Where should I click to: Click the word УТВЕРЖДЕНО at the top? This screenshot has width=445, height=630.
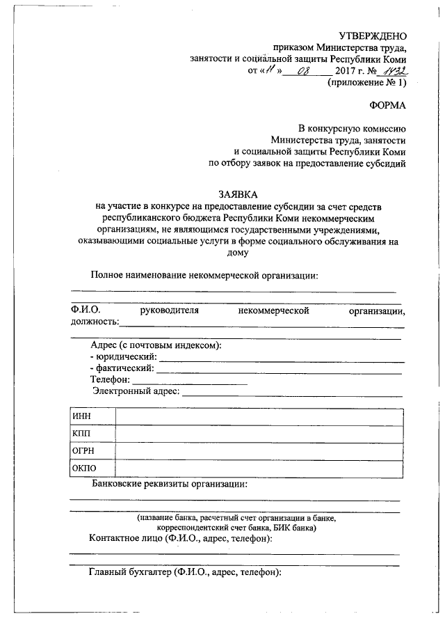[x=372, y=35]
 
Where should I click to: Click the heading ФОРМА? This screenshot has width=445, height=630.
[x=387, y=106]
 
